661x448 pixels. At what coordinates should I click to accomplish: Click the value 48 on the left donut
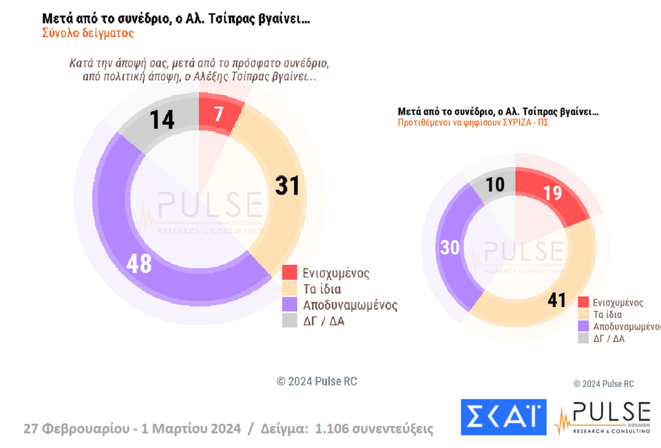(x=139, y=264)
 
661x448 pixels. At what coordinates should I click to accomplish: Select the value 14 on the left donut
(x=162, y=120)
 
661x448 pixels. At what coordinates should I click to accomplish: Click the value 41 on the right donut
(x=556, y=300)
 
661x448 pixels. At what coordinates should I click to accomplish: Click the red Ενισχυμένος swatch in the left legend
(x=289, y=273)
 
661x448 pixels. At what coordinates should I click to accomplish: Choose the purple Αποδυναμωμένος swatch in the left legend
(x=289, y=304)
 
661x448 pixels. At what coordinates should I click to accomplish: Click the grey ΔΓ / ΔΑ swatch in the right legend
(x=583, y=338)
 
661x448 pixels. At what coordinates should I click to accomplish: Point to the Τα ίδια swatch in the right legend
(x=583, y=314)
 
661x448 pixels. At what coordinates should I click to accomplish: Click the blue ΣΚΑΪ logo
(x=503, y=417)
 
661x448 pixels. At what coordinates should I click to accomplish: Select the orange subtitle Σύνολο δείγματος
(x=87, y=32)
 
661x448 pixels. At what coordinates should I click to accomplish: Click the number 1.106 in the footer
(x=333, y=429)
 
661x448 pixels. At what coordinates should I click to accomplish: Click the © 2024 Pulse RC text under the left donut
(x=317, y=381)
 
